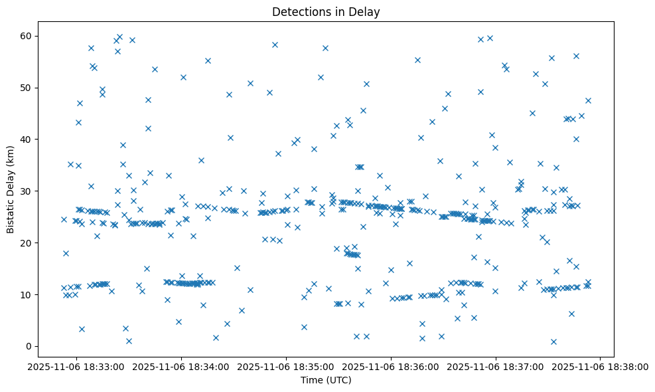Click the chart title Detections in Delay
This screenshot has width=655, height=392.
tap(325, 11)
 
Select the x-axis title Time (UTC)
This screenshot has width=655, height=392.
tap(325, 380)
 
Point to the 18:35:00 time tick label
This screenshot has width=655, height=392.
tap(286, 366)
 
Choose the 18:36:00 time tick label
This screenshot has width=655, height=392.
tap(391, 366)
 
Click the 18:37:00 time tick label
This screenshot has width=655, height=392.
tap(496, 366)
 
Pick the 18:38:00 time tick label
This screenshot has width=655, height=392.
tap(601, 366)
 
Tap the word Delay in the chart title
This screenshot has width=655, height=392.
tap(366, 11)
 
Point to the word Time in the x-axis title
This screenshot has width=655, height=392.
tap(311, 380)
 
